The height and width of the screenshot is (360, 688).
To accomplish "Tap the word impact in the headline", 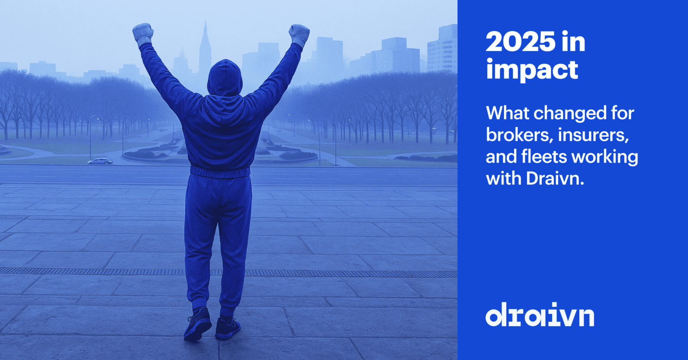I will pyautogui.click(x=532, y=70).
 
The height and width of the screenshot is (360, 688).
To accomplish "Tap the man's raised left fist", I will pyautogui.click(x=143, y=33).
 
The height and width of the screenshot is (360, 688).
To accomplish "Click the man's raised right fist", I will pyautogui.click(x=299, y=33).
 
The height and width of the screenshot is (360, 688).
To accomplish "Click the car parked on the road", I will pyautogui.click(x=100, y=161).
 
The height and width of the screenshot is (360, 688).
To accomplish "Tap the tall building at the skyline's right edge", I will pyautogui.click(x=443, y=49).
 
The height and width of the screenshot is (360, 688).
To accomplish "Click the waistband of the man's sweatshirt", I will pyautogui.click(x=220, y=172).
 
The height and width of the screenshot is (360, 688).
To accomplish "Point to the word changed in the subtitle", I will pyautogui.click(x=558, y=114).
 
